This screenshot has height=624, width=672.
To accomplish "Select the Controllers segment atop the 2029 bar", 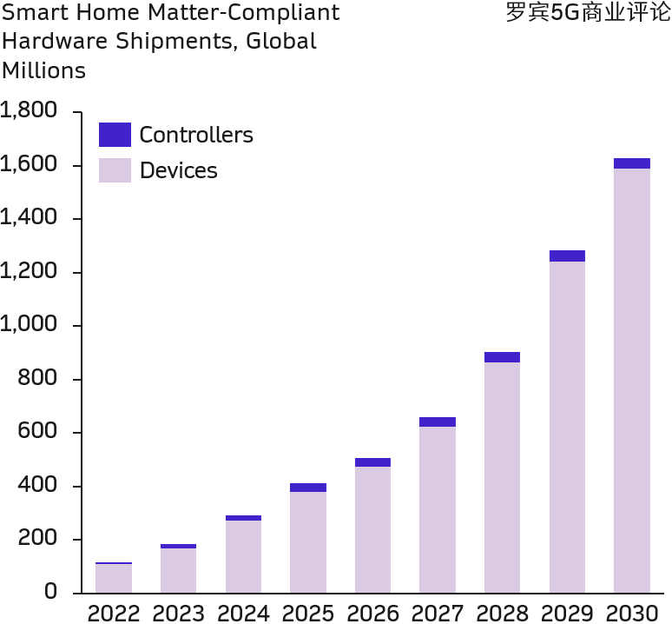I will coord(567,256).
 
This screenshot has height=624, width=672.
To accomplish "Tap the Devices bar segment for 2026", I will coord(372,529).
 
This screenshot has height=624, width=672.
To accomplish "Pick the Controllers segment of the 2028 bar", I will coord(502,357).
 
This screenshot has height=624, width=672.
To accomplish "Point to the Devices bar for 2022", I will coord(114,578).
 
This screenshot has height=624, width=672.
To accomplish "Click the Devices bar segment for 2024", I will coord(243,556).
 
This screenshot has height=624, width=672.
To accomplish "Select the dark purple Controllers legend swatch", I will coord(115,135).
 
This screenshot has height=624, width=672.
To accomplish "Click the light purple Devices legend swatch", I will coord(115,170).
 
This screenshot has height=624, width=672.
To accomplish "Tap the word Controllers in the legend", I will coord(196,136).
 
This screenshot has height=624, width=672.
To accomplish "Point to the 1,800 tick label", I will coord(29,111).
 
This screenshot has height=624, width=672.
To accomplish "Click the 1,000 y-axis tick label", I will coord(29,325).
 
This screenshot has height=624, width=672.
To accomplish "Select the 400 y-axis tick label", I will coord(39,486).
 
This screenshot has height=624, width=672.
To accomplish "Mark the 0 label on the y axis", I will coord(51,593).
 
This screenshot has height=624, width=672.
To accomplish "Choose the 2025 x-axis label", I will coord(308,614).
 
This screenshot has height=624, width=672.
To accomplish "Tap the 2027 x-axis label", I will coord(438,614).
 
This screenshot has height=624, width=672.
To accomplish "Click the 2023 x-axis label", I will coord(178,614).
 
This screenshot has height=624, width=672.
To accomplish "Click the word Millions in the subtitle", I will coord(44,70).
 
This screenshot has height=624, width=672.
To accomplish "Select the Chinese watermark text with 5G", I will coord(588,13).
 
